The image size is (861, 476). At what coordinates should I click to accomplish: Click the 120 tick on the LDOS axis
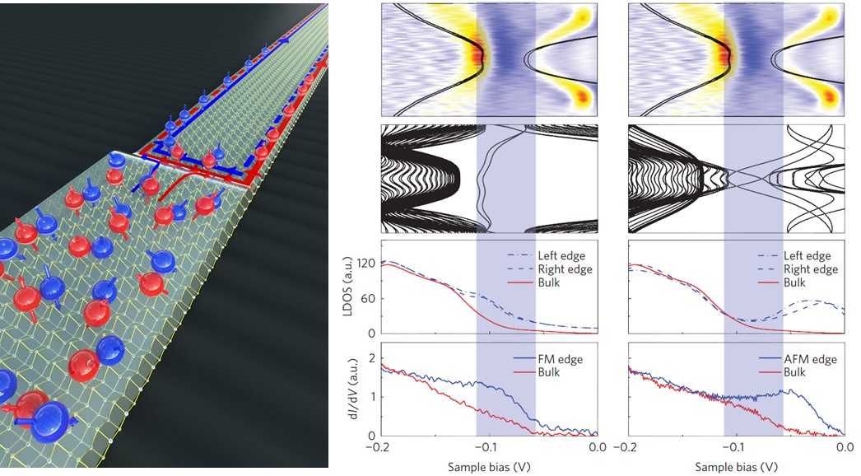pyautogui.click(x=365, y=264)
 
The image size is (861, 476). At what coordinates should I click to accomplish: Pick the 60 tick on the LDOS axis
pyautogui.click(x=370, y=299)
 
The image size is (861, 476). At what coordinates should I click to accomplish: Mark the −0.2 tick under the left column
pyautogui.click(x=379, y=448)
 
